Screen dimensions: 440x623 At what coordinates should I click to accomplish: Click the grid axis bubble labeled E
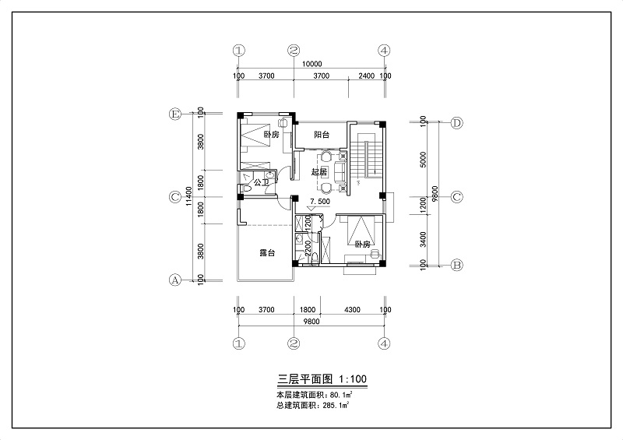pyautogui.click(x=176, y=114)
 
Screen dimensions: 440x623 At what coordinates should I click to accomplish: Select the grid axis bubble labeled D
pyautogui.click(x=457, y=123)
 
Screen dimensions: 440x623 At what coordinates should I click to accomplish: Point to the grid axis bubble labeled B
pyautogui.click(x=457, y=265)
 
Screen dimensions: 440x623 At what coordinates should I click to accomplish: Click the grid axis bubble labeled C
pyautogui.click(x=176, y=197)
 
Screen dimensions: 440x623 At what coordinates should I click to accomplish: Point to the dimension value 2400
pyautogui.click(x=367, y=76)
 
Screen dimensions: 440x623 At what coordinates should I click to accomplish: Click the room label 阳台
pyautogui.click(x=321, y=135)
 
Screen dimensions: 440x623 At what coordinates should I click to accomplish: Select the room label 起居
pyautogui.click(x=319, y=171)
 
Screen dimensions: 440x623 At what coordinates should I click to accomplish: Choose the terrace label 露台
pyautogui.click(x=267, y=253)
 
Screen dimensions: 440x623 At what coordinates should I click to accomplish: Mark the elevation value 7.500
pyautogui.click(x=321, y=202)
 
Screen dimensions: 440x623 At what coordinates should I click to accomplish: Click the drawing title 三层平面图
pyautogui.click(x=304, y=380)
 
